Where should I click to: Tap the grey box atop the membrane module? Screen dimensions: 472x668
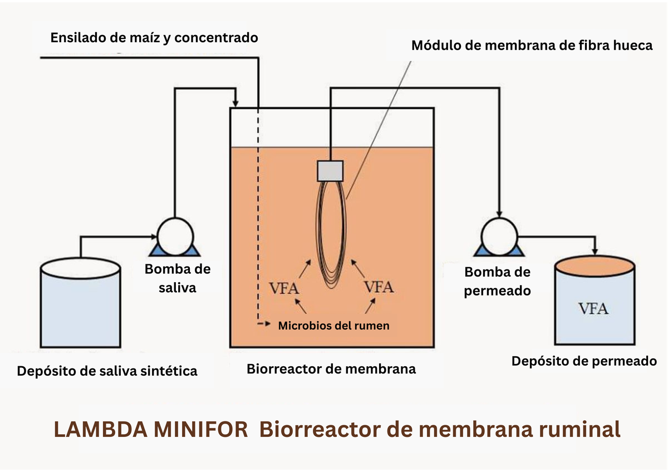click(x=330, y=170)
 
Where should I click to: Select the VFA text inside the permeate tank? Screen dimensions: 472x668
click(x=593, y=308)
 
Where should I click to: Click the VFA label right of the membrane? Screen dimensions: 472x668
click(x=379, y=287)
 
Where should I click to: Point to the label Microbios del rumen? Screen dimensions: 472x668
click(x=333, y=326)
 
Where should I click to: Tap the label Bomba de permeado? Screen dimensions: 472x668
click(x=497, y=281)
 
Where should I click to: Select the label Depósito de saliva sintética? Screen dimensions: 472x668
click(x=107, y=371)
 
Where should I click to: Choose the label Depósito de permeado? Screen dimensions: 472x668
click(x=584, y=361)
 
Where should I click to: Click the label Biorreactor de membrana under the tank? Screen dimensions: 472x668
click(x=331, y=368)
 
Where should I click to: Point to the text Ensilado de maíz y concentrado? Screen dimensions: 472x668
click(x=154, y=38)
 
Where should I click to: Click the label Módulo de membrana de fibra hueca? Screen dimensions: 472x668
click(x=532, y=46)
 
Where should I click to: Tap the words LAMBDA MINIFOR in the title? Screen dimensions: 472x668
click(x=151, y=430)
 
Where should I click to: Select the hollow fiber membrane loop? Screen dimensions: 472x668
click(x=332, y=234)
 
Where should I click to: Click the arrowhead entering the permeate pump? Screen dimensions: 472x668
click(x=499, y=213)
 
